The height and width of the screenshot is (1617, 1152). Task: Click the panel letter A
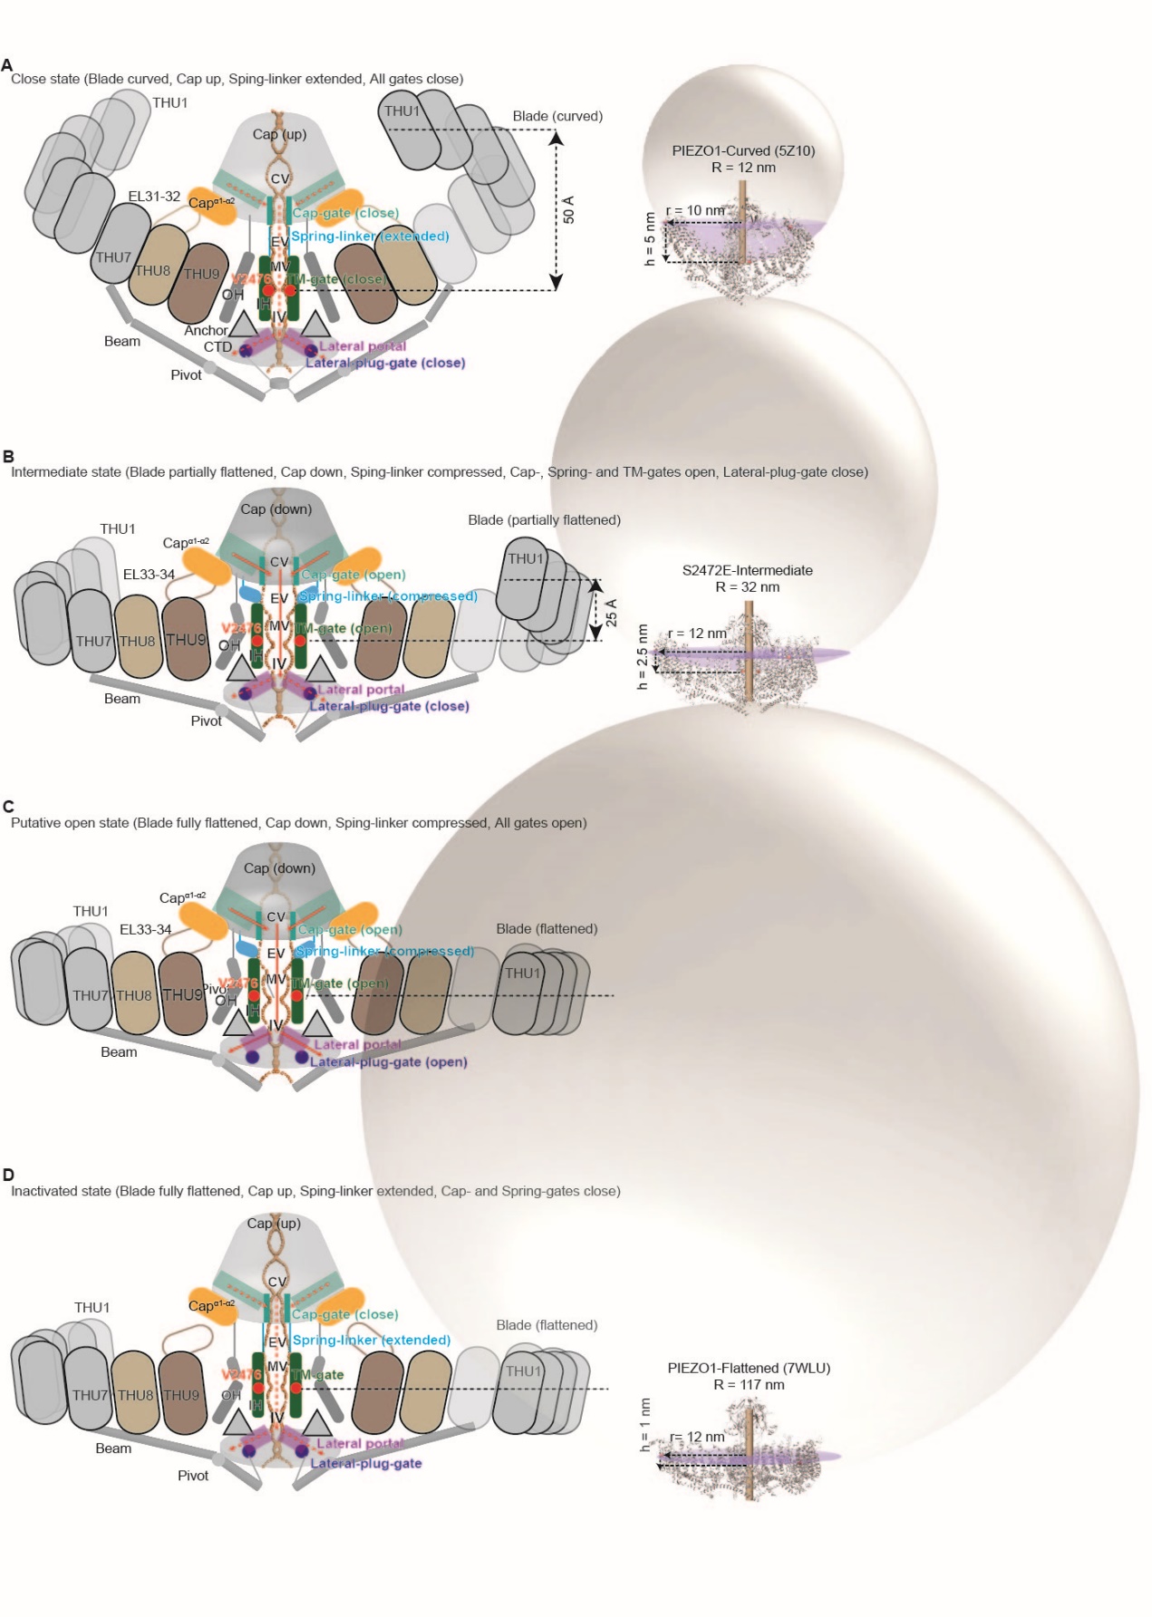pos(7,65)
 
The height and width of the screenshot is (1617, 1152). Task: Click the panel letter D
pos(8,1175)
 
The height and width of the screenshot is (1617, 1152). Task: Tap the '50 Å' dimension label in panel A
pos(569,210)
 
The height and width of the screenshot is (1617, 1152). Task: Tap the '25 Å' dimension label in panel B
pos(612,612)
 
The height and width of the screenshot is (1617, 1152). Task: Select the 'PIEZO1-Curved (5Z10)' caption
pos(743,150)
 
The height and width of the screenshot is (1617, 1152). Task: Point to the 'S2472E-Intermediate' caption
pos(747,570)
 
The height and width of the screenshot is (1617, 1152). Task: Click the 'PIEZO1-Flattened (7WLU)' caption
pos(749,1368)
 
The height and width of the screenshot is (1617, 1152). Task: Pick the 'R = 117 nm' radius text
pos(749,1384)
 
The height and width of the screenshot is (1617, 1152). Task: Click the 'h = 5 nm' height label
pos(649,239)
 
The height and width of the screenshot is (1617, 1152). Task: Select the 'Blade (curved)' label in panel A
pos(557,116)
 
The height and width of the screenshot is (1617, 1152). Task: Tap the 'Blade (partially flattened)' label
pos(544,519)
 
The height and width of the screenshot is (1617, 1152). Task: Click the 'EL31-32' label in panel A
pos(154,197)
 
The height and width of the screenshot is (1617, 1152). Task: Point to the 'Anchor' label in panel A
pos(206,331)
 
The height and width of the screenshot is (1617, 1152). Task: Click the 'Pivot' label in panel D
pos(193,1476)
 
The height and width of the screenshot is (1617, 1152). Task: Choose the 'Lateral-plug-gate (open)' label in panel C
pos(389,1061)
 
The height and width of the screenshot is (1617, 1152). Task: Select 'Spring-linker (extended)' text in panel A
pos(370,236)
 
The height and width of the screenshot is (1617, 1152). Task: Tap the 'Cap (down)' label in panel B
pos(276,508)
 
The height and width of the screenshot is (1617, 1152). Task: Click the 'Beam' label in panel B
pos(122,699)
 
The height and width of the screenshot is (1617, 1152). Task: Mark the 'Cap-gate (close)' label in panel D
pos(345,1314)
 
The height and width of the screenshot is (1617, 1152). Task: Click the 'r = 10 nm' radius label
pos(696,210)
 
